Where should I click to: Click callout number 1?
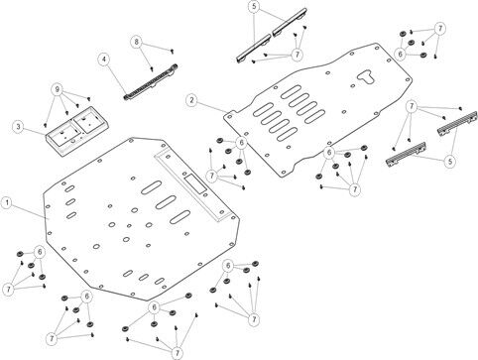tap(7, 203)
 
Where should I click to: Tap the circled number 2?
tap(191, 100)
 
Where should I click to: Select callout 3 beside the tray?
tap(18, 127)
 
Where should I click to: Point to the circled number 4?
tap(104, 60)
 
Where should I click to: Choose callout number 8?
tap(136, 42)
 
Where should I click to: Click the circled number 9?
tap(57, 89)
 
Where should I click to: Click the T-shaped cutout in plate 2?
tap(366, 76)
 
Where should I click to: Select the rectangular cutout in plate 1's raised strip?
tap(195, 183)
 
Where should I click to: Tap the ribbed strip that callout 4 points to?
tap(151, 82)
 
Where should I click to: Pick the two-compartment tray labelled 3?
tap(76, 131)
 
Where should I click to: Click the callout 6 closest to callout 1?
tap(40, 252)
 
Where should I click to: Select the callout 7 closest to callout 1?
tap(8, 290)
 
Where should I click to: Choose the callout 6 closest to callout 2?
tap(241, 143)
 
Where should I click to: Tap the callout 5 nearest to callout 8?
tap(254, 7)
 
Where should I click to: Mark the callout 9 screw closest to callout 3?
tap(45, 125)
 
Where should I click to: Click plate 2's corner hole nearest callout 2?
tap(230, 116)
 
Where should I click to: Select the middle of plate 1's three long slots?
tap(166, 202)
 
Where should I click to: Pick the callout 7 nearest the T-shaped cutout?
tap(412, 106)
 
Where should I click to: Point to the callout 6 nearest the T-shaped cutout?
tap(400, 54)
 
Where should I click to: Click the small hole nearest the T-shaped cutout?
tap(353, 85)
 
